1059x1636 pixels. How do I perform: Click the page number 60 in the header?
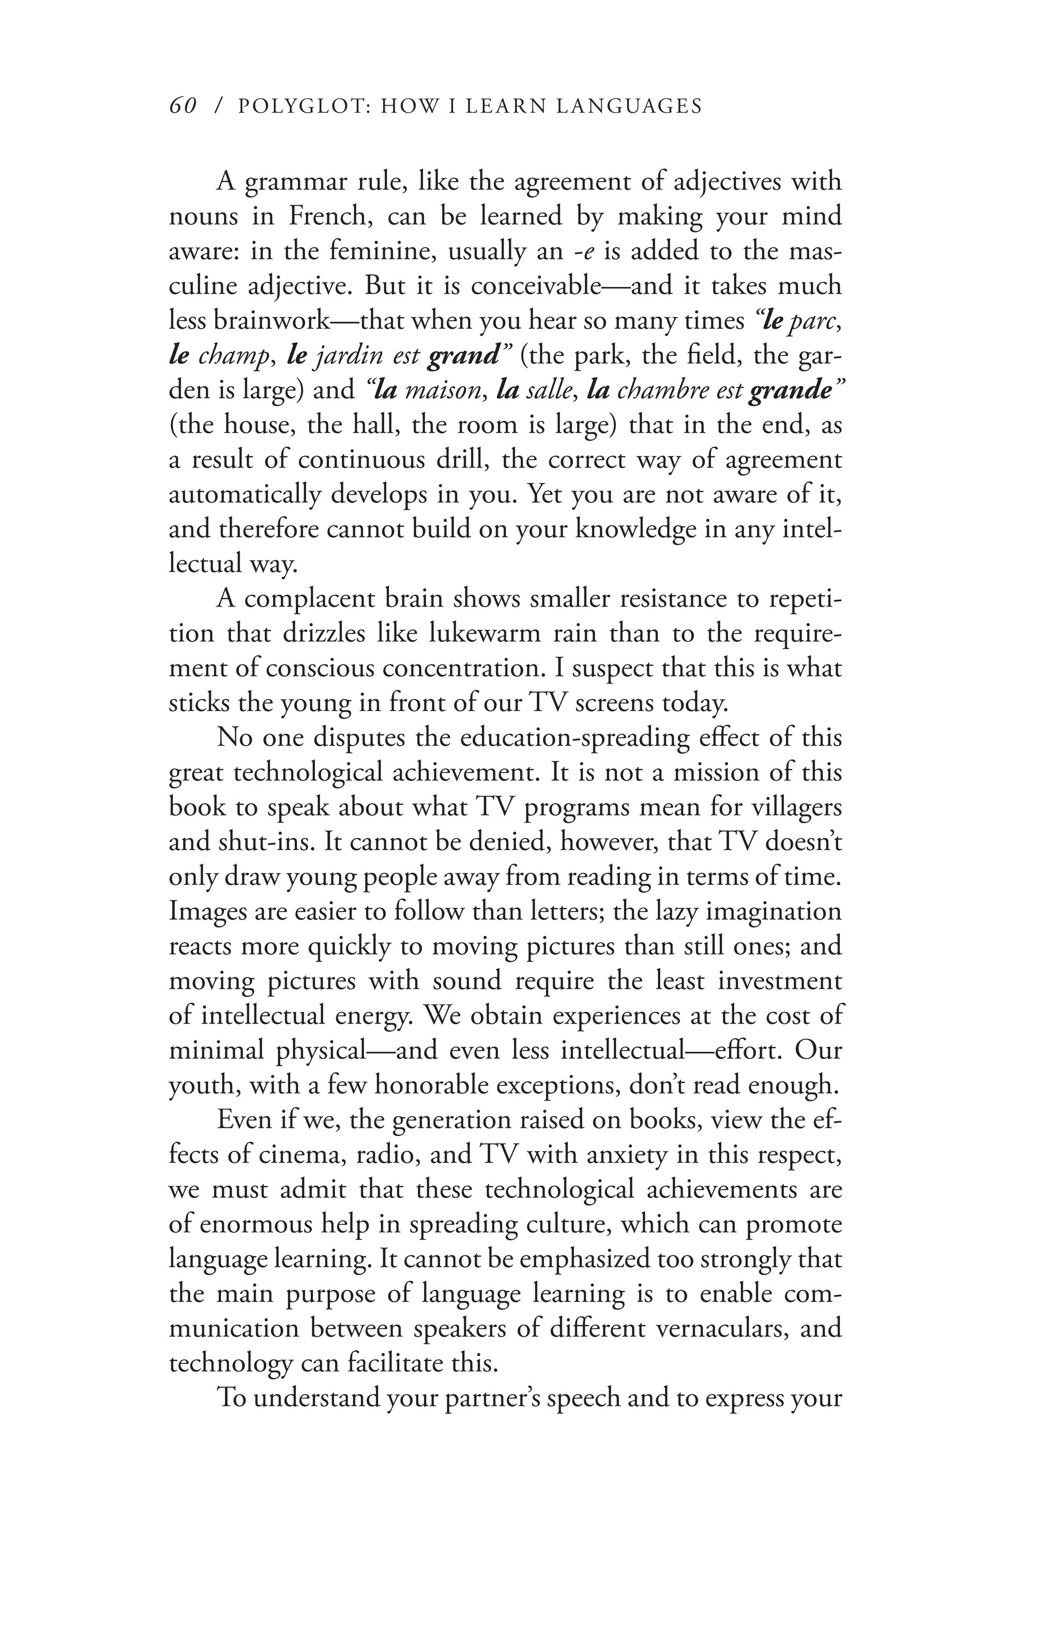pos(183,106)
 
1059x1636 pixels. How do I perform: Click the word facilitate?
pos(395,1363)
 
